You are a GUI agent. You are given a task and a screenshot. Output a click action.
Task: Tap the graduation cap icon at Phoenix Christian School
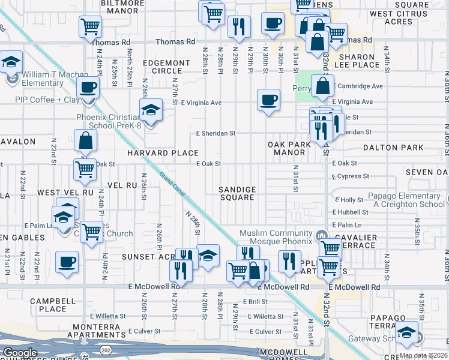pyautogui.click(x=151, y=110)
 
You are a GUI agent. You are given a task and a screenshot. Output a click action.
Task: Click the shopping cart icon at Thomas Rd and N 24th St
pyautogui.click(x=90, y=26)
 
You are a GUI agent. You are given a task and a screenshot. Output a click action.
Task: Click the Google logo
pyautogui.click(x=20, y=353)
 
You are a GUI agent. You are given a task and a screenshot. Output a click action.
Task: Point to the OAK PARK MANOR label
pyautogui.click(x=286, y=148)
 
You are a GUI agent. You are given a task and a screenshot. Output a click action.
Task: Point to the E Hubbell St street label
pyautogui.click(x=351, y=212)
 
